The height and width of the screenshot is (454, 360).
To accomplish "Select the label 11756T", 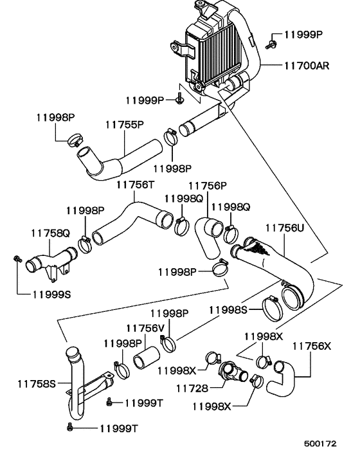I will click(x=134, y=185).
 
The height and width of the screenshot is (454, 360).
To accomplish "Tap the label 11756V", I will click(x=145, y=328).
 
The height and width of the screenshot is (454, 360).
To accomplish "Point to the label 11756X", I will click(x=311, y=345).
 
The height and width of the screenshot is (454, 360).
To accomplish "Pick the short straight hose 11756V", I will click(x=145, y=358).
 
